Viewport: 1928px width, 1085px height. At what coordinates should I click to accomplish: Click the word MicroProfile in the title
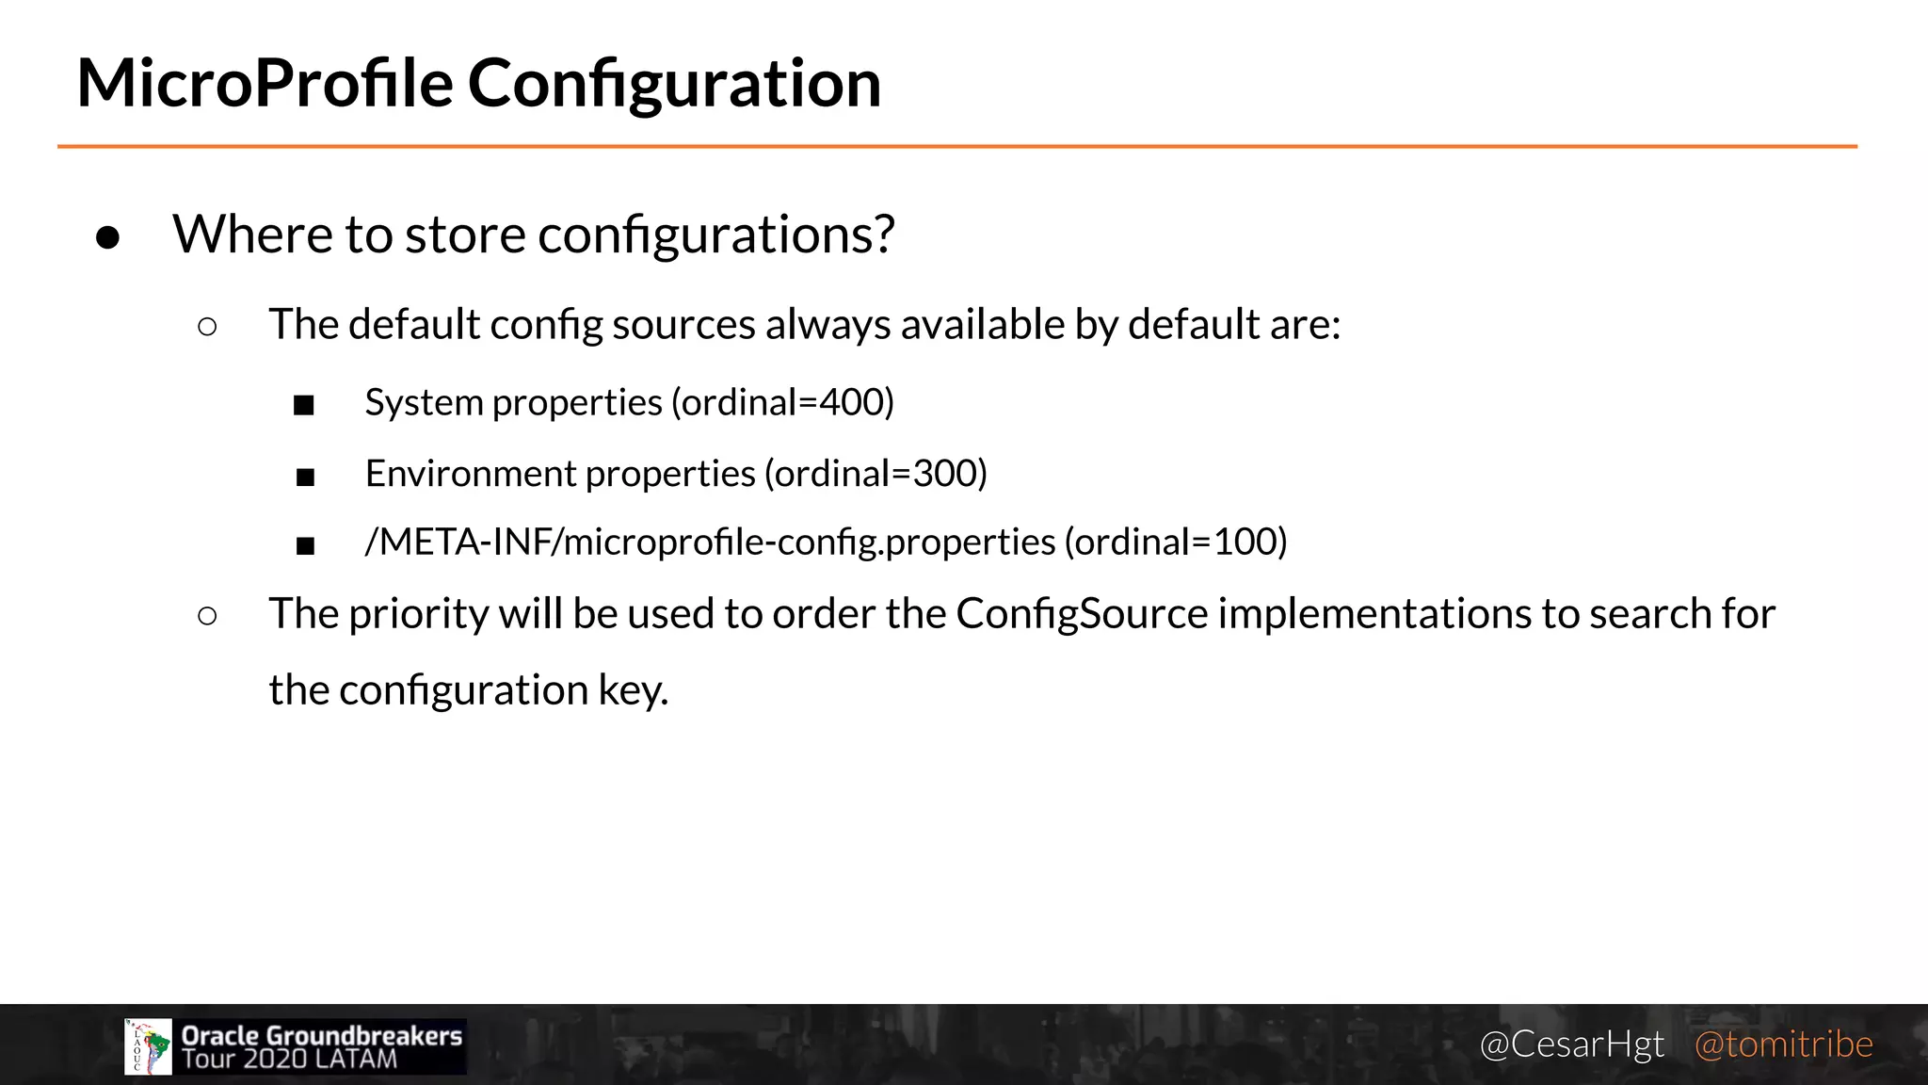[x=265, y=83]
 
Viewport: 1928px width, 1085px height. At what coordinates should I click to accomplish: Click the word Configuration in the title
[x=674, y=85]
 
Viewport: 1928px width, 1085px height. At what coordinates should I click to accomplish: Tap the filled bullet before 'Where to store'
[x=108, y=237]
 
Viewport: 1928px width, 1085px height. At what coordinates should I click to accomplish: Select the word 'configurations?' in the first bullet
[x=715, y=235]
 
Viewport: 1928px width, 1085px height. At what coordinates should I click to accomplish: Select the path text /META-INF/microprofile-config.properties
[x=710, y=542]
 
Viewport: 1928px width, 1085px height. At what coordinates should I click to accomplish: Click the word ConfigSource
[x=1082, y=613]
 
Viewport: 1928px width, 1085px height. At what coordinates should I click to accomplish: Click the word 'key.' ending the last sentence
[x=634, y=690]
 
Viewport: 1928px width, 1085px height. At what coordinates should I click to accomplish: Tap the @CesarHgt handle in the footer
[x=1571, y=1045]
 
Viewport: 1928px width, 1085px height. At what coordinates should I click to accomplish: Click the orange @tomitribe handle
[x=1783, y=1045]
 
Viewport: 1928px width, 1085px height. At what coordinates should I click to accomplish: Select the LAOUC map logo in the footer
[x=148, y=1046]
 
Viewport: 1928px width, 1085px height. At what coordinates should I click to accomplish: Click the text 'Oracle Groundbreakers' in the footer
[x=322, y=1035]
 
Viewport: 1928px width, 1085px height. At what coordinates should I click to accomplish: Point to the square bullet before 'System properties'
[x=303, y=406]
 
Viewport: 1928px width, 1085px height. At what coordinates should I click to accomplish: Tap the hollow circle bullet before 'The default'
[x=208, y=327]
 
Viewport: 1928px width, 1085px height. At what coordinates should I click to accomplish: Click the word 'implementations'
[x=1374, y=613]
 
